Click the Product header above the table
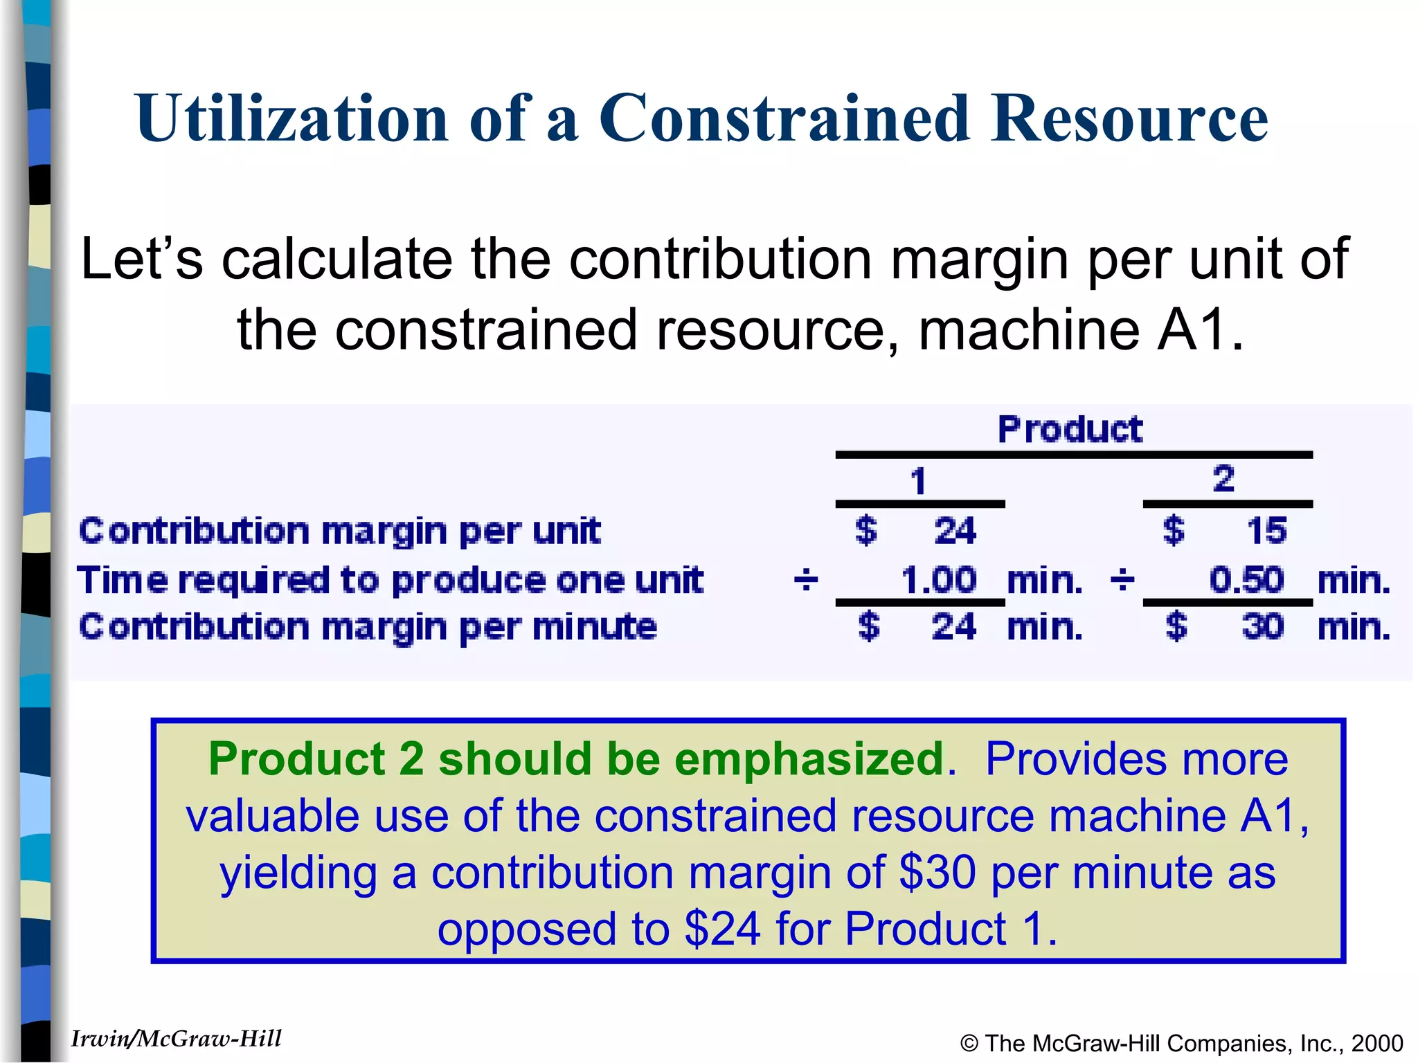[1070, 429]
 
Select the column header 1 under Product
[918, 481]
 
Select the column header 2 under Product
[1223, 479]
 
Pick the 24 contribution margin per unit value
[955, 531]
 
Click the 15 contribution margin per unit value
[1266, 531]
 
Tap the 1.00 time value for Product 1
[938, 580]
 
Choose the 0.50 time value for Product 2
[1246, 580]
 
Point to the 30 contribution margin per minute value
[1263, 627]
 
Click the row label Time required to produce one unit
[390, 580]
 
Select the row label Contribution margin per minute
[368, 627]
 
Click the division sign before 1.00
[806, 580]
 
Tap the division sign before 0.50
[1122, 580]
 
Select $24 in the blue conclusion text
[722, 929]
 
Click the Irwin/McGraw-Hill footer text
[176, 1039]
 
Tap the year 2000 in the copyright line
[1377, 1043]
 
